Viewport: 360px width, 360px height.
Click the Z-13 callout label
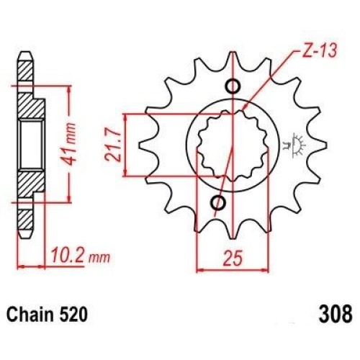tap(319, 50)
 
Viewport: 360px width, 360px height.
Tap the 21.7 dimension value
tap(112, 145)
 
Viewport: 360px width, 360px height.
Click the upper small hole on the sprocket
tap(233, 86)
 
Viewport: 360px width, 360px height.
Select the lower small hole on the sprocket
tap(218, 203)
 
